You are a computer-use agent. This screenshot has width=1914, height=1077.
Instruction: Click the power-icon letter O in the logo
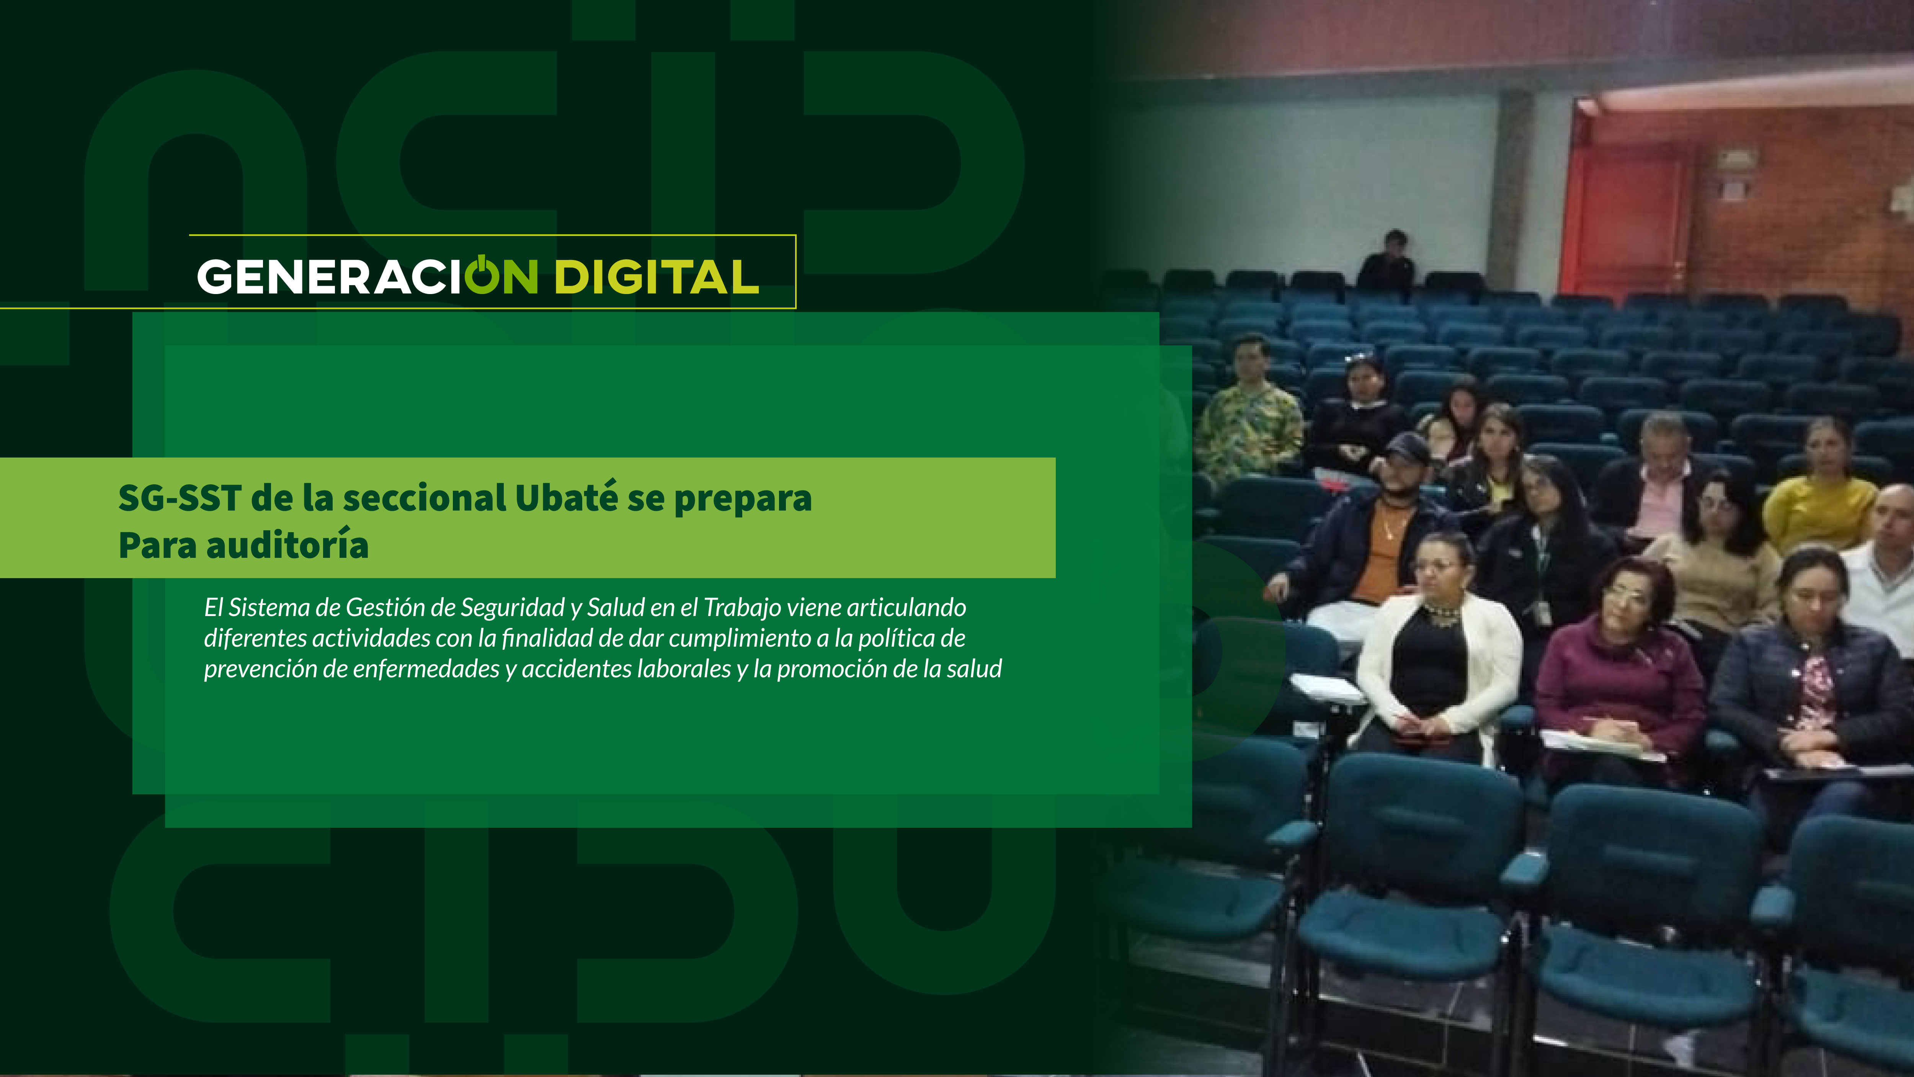point(482,275)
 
